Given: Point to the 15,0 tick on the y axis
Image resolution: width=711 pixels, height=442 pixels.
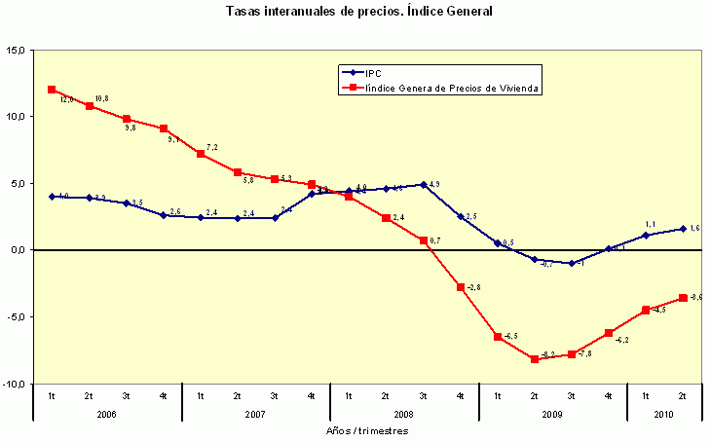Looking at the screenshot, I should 17,50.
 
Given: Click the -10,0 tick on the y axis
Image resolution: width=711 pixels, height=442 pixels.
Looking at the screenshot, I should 15,384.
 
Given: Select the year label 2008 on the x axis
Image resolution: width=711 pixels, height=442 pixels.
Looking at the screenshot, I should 403,414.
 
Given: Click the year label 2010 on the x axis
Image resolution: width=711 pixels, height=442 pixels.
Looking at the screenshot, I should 663,414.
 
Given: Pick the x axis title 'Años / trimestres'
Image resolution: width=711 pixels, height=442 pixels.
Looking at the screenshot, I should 366,429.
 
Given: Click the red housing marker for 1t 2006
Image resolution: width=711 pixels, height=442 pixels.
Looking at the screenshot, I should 52,90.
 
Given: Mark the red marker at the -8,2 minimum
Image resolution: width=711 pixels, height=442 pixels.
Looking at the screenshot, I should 535,359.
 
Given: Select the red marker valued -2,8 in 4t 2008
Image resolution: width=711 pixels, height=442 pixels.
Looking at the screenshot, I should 461,287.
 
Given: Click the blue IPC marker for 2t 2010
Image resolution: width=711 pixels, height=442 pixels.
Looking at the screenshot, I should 683,229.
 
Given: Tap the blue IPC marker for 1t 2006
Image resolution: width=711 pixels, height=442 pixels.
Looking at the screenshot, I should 52,197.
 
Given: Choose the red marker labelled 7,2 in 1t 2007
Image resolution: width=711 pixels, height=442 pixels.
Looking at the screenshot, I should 200,154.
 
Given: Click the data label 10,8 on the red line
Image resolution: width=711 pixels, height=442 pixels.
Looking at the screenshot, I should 100,99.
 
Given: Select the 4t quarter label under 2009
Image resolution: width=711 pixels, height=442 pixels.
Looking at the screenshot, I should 608,396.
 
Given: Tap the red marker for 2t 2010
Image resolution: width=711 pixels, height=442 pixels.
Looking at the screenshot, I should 683,298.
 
